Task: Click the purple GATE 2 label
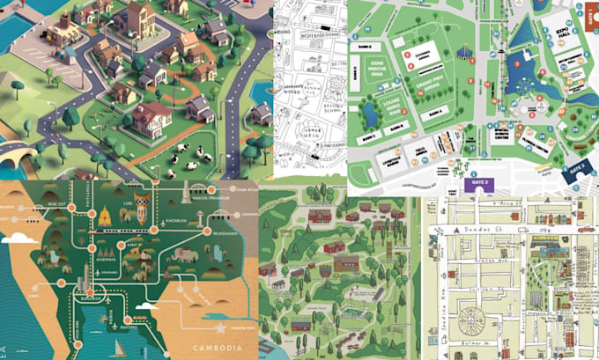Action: point(482,183)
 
